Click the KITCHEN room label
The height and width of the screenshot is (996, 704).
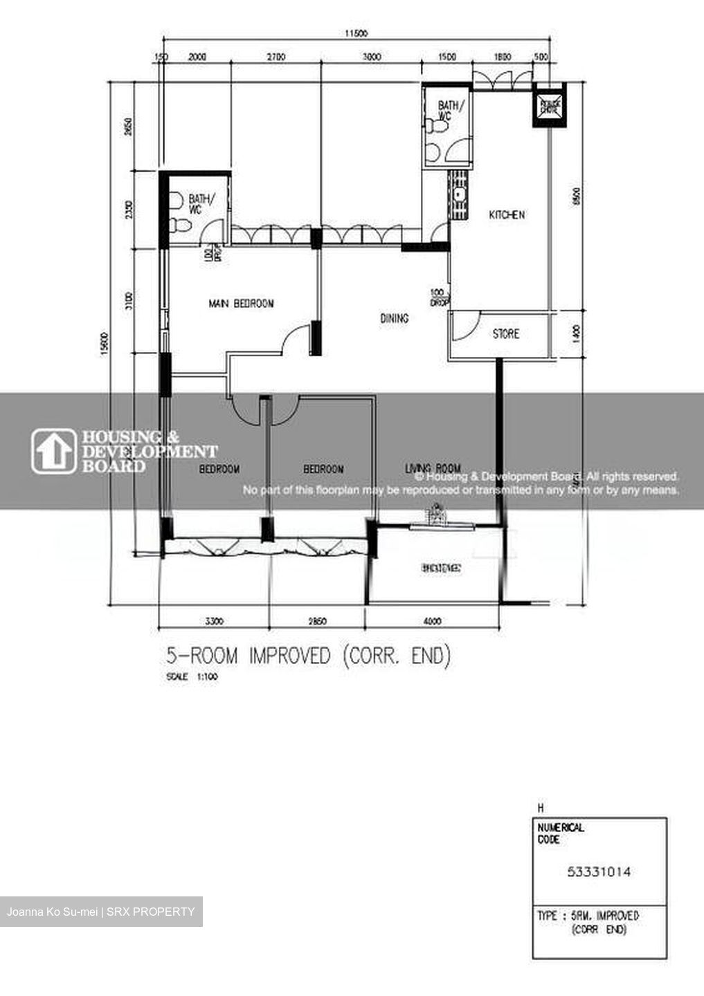pos(507,215)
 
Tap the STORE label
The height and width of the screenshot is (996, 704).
pos(505,334)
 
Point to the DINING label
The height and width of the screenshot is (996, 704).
pos(394,319)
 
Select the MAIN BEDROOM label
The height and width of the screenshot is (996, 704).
pos(241,304)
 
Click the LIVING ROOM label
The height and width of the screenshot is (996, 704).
pos(433,469)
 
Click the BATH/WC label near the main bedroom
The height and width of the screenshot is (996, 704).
pos(201,203)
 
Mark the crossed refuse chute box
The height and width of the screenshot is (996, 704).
pos(549,104)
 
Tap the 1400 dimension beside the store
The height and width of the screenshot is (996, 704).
pos(577,335)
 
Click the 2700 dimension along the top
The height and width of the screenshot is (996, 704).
pos(275,57)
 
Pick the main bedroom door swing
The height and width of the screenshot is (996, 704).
pos(296,339)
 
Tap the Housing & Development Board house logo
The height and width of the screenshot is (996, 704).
pos(53,452)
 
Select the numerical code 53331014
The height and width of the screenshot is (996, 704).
pos(599,872)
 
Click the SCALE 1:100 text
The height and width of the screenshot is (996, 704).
pos(192,677)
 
